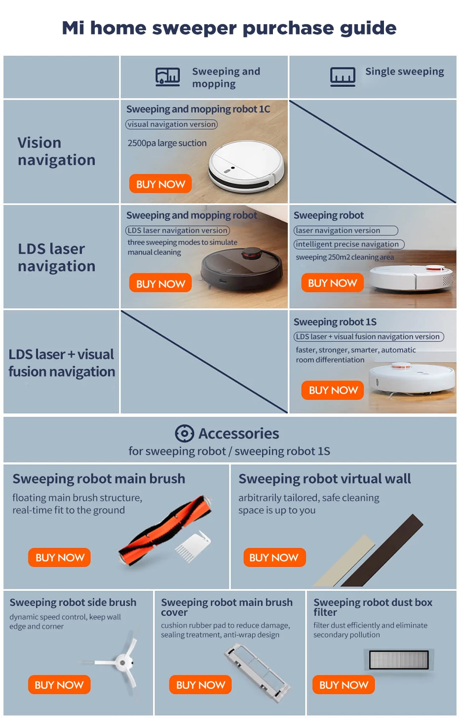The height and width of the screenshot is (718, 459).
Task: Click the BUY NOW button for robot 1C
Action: [160, 184]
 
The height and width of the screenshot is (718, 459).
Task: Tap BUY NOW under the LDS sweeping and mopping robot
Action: [160, 283]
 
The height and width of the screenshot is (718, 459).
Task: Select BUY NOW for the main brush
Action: [60, 558]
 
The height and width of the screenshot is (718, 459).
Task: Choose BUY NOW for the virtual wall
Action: [274, 558]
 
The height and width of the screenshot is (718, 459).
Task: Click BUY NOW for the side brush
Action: [59, 685]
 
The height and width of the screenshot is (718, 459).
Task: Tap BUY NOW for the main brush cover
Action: [200, 685]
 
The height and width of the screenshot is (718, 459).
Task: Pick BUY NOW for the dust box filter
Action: [344, 685]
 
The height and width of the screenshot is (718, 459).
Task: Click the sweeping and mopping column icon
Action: [168, 77]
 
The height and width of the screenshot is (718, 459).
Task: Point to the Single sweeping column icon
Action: [343, 77]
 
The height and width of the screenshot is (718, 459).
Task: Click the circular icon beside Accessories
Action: [185, 434]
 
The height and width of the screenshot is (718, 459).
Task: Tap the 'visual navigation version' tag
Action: [171, 124]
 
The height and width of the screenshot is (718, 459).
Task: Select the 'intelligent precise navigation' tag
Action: [348, 244]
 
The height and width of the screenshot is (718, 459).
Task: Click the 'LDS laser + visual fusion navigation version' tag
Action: [369, 337]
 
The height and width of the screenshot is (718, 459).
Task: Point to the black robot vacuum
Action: [242, 269]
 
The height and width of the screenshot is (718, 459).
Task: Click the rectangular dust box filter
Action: [399, 660]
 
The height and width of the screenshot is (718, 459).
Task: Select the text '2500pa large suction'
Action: [167, 143]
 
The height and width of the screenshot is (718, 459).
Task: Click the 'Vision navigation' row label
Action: [56, 151]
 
